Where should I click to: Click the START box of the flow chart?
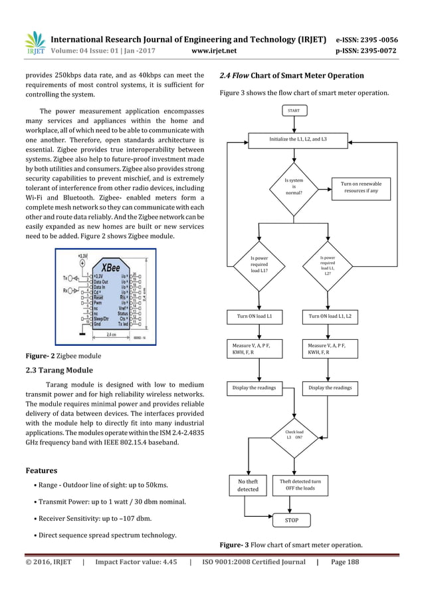[x=293, y=110]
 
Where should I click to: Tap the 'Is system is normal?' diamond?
[x=294, y=187]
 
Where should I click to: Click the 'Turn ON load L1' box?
[x=259, y=316]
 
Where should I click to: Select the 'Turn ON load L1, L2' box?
[x=330, y=316]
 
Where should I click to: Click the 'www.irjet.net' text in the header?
[x=213, y=49]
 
